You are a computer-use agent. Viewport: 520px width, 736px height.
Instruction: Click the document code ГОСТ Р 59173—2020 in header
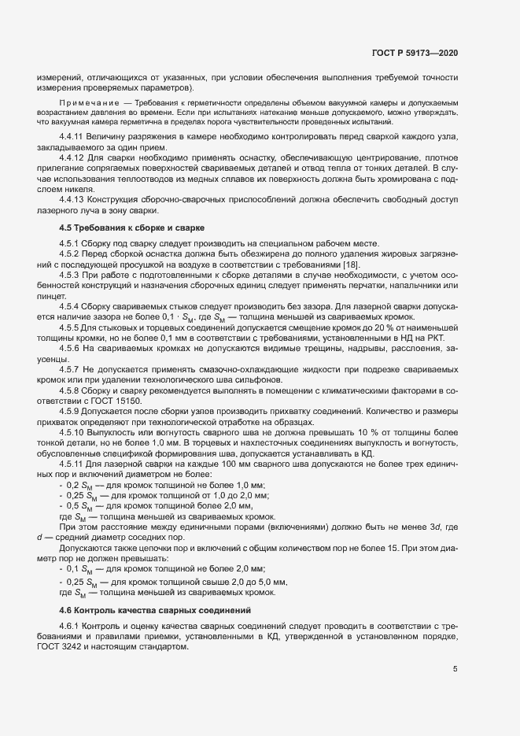point(415,52)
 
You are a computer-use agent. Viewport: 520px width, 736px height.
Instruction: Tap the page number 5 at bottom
point(455,669)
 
